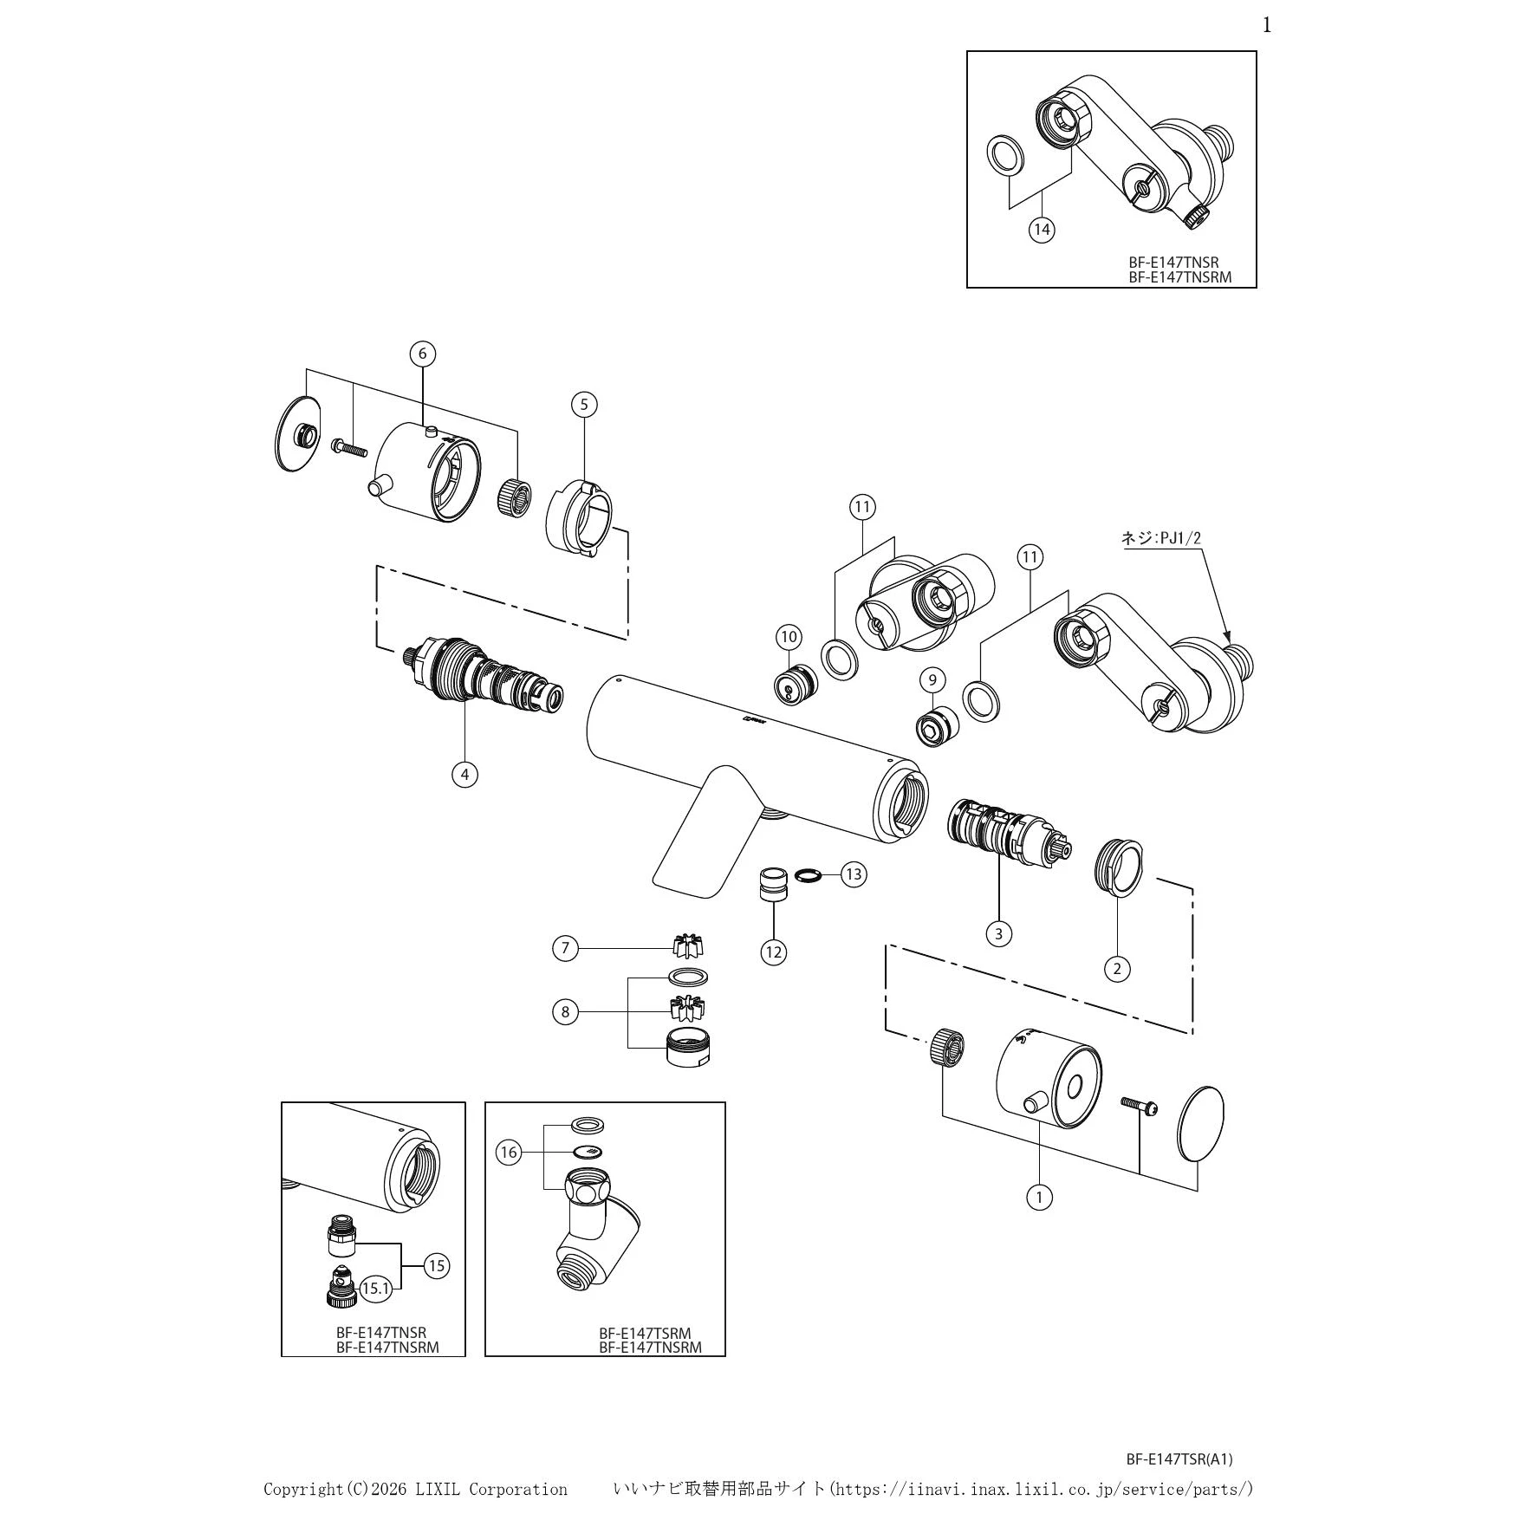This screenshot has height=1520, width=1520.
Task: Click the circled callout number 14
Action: tap(1042, 230)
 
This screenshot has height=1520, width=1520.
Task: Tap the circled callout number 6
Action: tap(423, 354)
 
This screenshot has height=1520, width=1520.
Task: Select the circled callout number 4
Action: tap(464, 774)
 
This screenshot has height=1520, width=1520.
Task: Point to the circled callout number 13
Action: tap(854, 874)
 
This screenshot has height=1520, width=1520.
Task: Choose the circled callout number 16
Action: tap(509, 1153)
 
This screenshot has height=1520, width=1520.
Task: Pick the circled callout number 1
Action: tap(1039, 1197)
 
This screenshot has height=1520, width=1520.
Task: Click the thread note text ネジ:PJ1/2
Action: tap(1161, 538)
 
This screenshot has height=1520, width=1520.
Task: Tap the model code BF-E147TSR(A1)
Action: tap(1179, 1459)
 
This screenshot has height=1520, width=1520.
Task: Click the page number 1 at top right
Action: tap(1267, 25)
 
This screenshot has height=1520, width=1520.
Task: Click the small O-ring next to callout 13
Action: tap(808, 874)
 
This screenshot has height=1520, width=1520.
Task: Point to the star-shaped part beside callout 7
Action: tap(688, 945)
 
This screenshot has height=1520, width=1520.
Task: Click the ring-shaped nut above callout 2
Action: tap(1119, 867)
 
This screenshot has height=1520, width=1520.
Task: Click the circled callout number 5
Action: tap(584, 404)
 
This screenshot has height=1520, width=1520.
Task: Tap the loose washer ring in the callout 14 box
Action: tap(1004, 155)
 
